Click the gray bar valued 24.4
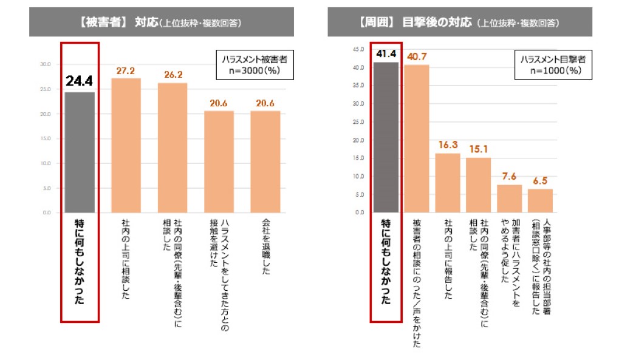point(80,152)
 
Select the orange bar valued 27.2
point(126,146)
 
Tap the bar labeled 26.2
point(173,148)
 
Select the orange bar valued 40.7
point(417,139)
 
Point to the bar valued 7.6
point(510,199)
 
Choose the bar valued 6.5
point(540,201)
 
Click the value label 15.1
point(478,148)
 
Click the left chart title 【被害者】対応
point(161,22)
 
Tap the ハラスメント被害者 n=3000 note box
point(255,64)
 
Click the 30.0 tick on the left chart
point(45,64)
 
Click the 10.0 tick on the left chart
point(45,163)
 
